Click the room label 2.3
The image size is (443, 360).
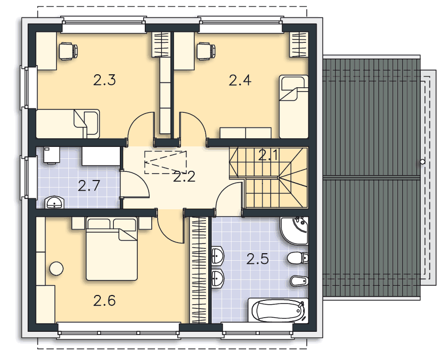click(x=105, y=80)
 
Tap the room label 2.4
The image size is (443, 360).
click(x=240, y=80)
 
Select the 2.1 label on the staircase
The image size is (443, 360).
click(x=268, y=155)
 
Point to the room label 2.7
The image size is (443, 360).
click(x=89, y=185)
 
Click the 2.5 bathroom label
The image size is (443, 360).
click(x=258, y=259)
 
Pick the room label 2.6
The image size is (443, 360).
click(x=105, y=301)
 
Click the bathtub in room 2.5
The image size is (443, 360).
click(x=278, y=310)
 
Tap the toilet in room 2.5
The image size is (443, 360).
click(x=298, y=258)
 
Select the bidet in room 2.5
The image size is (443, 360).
click(x=299, y=281)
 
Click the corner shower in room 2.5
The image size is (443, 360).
click(x=294, y=230)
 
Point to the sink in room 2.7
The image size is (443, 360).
click(x=55, y=202)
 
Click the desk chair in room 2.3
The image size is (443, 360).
click(x=68, y=51)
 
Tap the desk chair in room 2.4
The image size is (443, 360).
click(x=206, y=51)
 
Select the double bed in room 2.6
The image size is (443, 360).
click(x=112, y=249)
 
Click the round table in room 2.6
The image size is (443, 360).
click(x=56, y=268)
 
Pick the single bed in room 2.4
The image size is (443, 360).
click(x=293, y=106)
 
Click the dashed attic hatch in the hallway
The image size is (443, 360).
click(x=165, y=162)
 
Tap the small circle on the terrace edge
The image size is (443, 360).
click(x=422, y=162)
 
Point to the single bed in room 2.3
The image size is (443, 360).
click(x=68, y=124)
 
